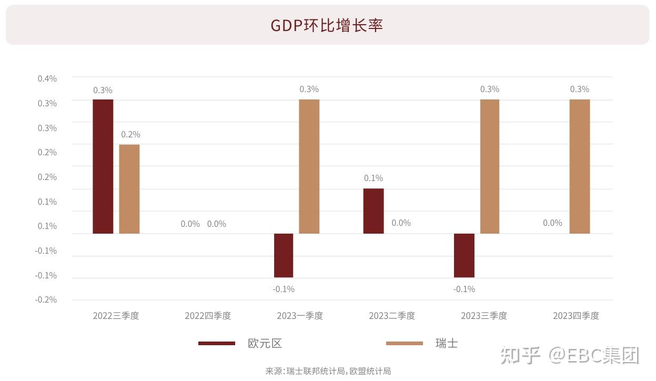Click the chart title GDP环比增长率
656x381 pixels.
pyautogui.click(x=327, y=25)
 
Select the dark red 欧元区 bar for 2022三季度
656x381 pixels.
pyautogui.click(x=103, y=166)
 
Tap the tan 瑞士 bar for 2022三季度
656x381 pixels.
pyautogui.click(x=129, y=189)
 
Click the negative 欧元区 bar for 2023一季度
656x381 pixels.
pyautogui.click(x=284, y=255)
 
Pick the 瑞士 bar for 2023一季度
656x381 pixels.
pyautogui.click(x=309, y=166)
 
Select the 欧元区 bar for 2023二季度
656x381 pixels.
pyautogui.click(x=374, y=211)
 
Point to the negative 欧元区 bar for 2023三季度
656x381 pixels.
pyautogui.click(x=464, y=255)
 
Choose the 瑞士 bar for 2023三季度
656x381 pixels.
pyautogui.click(x=490, y=166)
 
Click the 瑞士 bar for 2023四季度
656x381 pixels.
pyautogui.click(x=580, y=166)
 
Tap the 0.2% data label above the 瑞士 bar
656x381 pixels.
pyautogui.click(x=130, y=134)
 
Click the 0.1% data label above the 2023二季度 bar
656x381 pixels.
pyautogui.click(x=374, y=178)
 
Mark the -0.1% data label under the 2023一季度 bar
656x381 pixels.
pyautogui.click(x=284, y=289)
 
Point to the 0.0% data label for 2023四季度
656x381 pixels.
pyautogui.click(x=552, y=223)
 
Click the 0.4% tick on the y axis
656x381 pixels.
pyautogui.click(x=47, y=78)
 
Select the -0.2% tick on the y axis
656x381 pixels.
pyautogui.click(x=46, y=300)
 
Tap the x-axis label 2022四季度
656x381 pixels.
pyautogui.click(x=208, y=316)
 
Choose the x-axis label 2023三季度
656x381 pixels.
pyautogui.click(x=484, y=316)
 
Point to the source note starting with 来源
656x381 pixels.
pyautogui.click(x=328, y=371)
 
